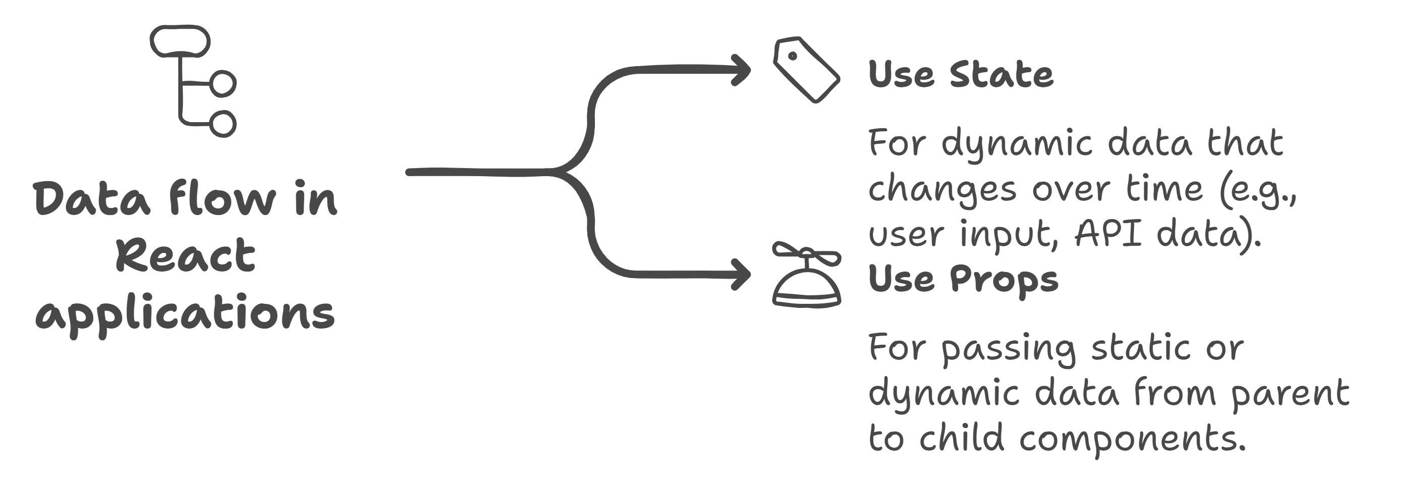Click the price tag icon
click(x=806, y=70)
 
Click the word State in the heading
click(x=1000, y=74)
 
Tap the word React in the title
click(x=186, y=255)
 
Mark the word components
click(x=1127, y=438)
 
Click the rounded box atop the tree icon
click(x=180, y=42)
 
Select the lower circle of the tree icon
click(x=223, y=123)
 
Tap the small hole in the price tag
click(x=792, y=55)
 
